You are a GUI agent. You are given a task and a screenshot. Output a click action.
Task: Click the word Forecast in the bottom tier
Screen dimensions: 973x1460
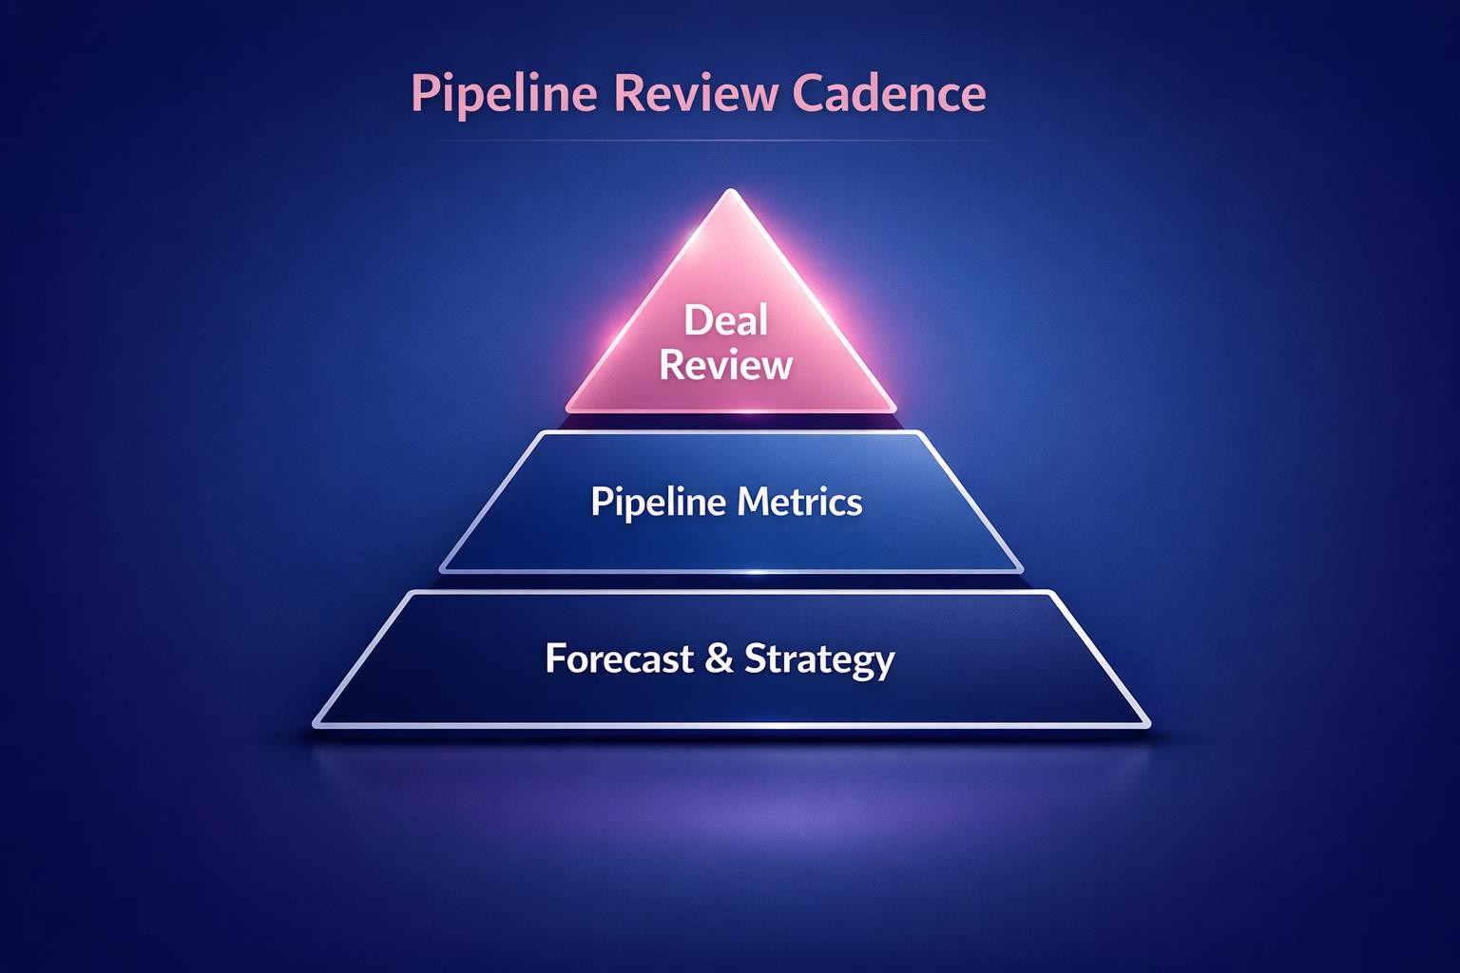(619, 658)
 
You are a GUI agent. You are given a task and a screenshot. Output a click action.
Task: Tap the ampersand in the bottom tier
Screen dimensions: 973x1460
(720, 658)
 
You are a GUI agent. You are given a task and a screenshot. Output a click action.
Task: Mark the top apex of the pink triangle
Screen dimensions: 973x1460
(730, 191)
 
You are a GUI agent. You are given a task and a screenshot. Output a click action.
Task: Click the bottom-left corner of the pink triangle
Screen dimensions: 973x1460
(568, 410)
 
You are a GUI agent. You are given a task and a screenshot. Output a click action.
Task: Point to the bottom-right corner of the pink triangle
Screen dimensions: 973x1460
(893, 410)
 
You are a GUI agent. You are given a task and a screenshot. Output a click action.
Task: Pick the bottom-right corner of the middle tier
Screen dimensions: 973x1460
(1020, 569)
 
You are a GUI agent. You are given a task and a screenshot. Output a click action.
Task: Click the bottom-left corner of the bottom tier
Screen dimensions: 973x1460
(316, 725)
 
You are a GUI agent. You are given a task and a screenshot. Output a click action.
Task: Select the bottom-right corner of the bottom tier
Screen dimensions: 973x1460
(1147, 725)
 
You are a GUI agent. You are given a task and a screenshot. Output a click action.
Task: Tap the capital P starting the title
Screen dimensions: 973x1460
(424, 94)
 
